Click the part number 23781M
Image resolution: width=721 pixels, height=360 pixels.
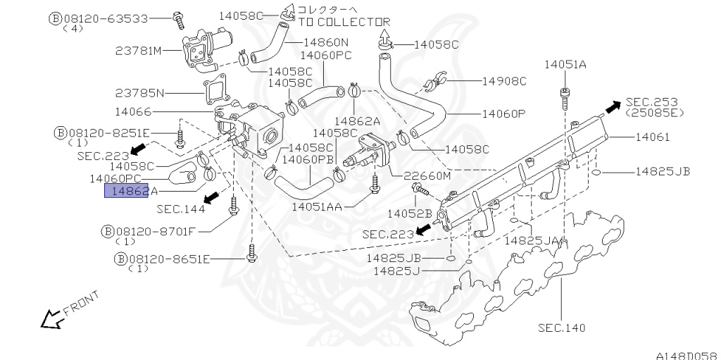139,50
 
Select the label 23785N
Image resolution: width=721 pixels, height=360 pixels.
139,92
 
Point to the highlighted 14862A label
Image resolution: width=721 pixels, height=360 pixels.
131,191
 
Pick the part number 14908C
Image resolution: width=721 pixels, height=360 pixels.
504,81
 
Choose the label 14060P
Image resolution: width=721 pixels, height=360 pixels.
504,113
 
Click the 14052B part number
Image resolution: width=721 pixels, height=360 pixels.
409,213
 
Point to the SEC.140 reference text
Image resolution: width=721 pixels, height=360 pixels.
561,328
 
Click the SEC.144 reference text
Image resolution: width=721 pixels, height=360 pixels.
181,209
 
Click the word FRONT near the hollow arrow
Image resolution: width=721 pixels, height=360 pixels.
81,302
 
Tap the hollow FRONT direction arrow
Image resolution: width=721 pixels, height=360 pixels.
50,320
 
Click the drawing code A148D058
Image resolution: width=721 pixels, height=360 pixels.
686,354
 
